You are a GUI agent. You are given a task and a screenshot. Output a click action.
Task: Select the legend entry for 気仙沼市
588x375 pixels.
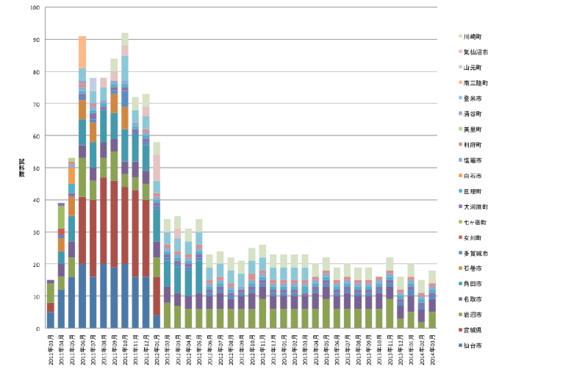pos(473,51)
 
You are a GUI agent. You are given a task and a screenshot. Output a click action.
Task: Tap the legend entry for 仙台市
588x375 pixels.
pos(471,345)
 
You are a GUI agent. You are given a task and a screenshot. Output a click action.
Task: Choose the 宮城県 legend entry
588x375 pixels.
pos(471,329)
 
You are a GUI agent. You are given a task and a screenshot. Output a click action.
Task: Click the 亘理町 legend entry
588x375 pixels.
pos(471,190)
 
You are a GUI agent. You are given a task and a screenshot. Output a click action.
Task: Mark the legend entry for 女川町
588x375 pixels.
pos(471,237)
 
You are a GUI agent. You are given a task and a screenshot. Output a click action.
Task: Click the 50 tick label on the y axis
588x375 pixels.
pos(36,168)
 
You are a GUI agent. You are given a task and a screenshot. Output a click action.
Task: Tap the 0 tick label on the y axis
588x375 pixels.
pos(37,329)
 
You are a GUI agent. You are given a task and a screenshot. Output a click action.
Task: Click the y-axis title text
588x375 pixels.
pos(21,168)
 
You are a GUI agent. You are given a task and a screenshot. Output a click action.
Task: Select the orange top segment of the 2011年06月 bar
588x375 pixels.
pos(82,51)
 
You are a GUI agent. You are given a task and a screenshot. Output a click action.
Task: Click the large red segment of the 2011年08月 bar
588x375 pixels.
pos(104,221)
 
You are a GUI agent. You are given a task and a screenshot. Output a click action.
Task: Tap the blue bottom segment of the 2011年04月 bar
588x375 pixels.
pos(61,309)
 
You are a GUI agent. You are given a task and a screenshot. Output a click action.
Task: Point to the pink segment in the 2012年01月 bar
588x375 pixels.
pos(157,168)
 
